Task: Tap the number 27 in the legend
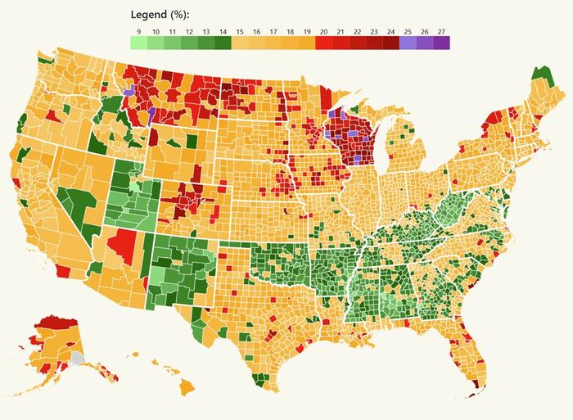442,30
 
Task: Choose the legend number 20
324,30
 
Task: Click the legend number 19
307,30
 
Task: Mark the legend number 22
358,30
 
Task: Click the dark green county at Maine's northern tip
539,75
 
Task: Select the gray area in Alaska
77,358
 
